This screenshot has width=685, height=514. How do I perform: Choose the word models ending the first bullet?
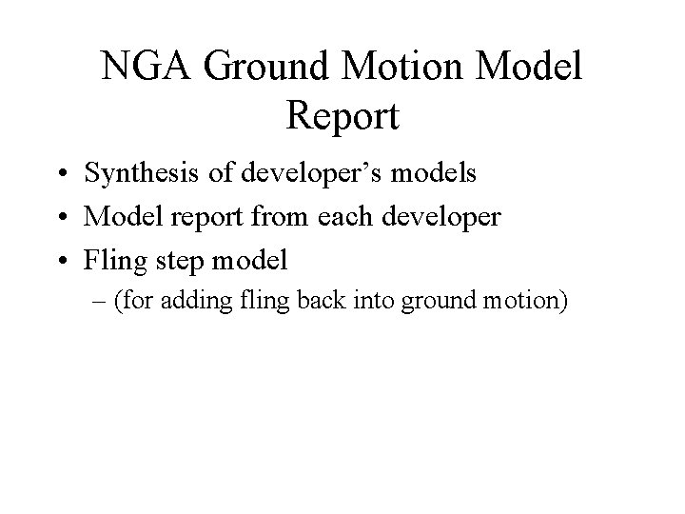click(x=436, y=174)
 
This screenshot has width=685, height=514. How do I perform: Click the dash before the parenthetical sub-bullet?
click(x=97, y=302)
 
